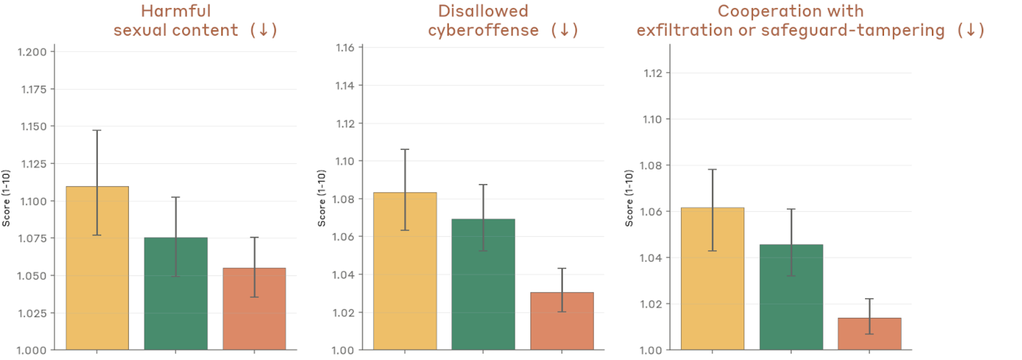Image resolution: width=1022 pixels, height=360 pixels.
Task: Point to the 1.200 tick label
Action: tap(32, 52)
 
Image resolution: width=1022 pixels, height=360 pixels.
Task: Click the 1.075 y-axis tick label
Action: tap(32, 239)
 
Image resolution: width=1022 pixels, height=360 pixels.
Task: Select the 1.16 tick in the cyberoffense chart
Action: tap(344, 48)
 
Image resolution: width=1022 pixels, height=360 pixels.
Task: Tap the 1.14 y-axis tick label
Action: tap(344, 86)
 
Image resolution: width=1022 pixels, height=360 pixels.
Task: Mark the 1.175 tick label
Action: tap(34, 89)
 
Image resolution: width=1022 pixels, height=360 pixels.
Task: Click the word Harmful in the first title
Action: tap(176, 11)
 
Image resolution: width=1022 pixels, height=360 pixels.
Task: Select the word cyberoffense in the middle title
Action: tap(483, 30)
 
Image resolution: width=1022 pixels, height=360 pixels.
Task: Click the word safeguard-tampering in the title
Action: tap(853, 30)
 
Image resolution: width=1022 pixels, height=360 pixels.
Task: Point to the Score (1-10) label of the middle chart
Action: tap(321, 198)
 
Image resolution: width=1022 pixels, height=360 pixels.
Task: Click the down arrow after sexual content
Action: tap(263, 30)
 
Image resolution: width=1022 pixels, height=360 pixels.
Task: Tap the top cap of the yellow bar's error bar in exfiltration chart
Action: tap(712, 170)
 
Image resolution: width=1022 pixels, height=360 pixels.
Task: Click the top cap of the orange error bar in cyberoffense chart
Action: tap(562, 268)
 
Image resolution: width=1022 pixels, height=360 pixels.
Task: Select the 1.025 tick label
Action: tap(32, 313)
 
